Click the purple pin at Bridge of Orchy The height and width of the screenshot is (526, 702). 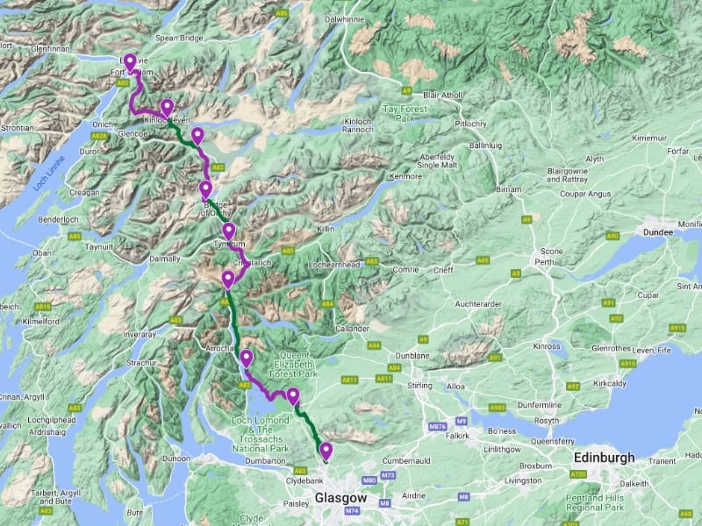click(205, 190)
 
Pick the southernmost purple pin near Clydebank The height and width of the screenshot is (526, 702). click(326, 451)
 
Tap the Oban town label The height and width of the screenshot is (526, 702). click(42, 252)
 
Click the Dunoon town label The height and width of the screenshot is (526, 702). click(176, 458)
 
